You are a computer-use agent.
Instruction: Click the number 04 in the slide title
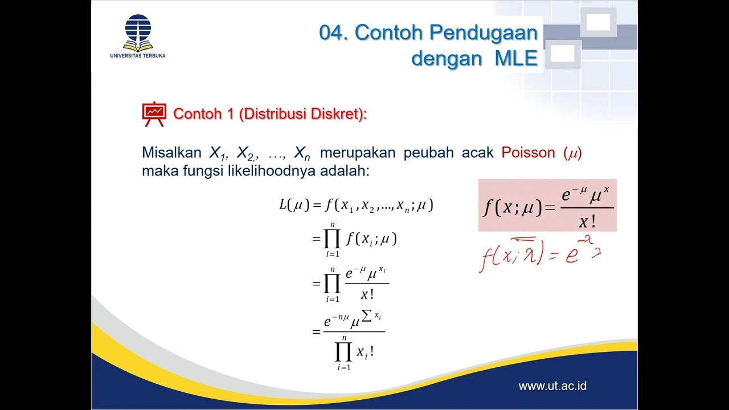[x=333, y=33]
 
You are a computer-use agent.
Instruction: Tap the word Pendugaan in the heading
[x=484, y=33]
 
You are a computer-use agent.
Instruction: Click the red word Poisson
[x=528, y=153]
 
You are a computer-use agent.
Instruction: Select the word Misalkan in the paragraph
[x=171, y=153]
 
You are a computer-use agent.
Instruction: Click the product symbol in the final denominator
[x=343, y=354]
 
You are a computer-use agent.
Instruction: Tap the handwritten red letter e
[x=571, y=255]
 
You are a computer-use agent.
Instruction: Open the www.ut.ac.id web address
[x=552, y=386]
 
